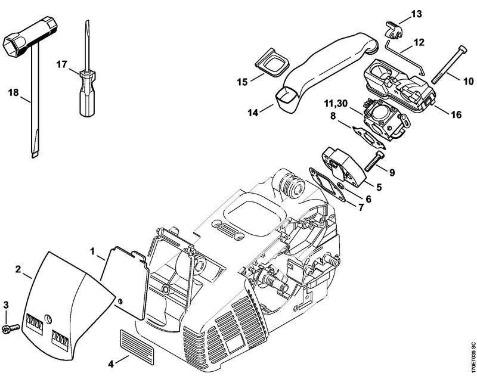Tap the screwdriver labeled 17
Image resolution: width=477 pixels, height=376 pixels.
tap(86, 92)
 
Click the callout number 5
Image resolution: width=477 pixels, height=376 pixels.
tap(378, 186)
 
